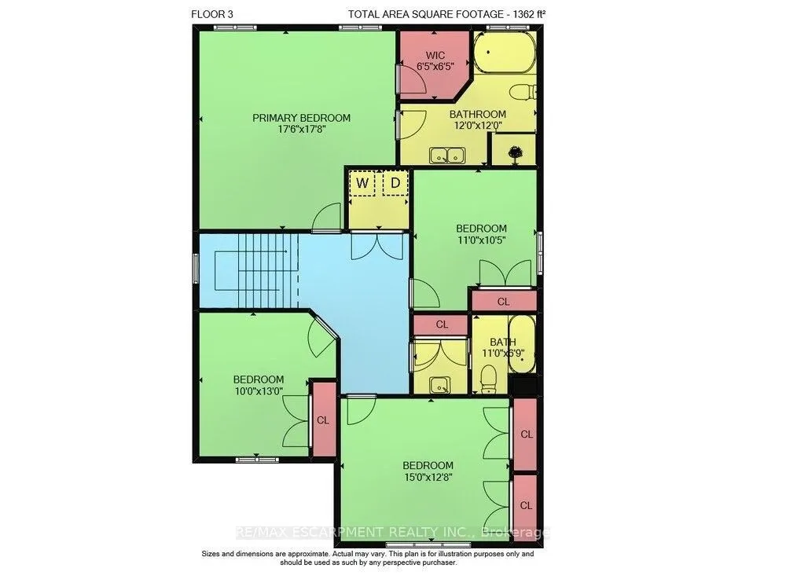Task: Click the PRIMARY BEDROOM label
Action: coord(301,118)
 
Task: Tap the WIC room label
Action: coord(435,55)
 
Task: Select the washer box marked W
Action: coord(362,183)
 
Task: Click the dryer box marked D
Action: coord(395,183)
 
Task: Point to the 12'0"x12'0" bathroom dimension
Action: coord(478,126)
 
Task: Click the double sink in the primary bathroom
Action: coord(447,156)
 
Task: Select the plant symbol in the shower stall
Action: coord(514,153)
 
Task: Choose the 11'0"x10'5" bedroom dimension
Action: coord(481,240)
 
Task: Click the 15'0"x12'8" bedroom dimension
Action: coord(428,477)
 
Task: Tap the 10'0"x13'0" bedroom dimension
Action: coord(259,391)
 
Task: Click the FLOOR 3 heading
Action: coord(212,14)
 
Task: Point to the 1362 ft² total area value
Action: coord(528,14)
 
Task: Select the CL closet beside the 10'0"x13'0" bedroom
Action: coord(323,420)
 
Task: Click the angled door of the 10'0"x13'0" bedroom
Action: coord(321,335)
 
